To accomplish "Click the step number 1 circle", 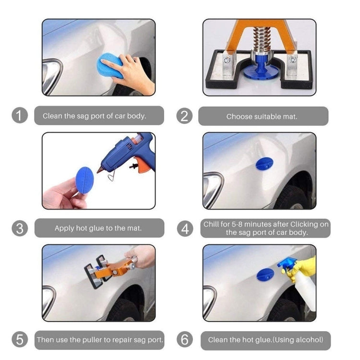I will coord(20,116).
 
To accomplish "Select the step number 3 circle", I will coord(20,228).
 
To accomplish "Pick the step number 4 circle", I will coord(184,228).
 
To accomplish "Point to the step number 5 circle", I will coord(20,340).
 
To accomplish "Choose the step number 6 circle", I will coord(184,340).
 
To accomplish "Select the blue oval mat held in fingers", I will coord(85,180).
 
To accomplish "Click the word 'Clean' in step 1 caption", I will coord(53,116).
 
